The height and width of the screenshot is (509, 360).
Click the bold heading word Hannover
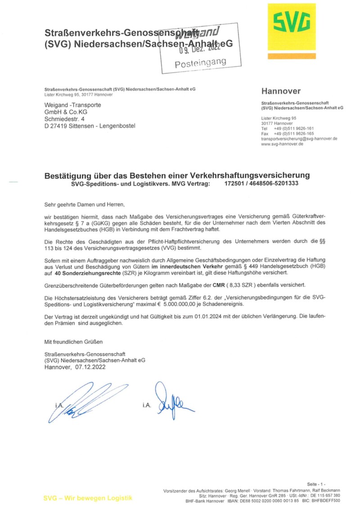tap(281, 91)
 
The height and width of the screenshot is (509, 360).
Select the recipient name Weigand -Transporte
tap(72, 105)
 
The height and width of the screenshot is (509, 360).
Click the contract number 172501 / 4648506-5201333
tap(261, 184)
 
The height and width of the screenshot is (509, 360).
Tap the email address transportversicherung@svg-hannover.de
tap(299, 139)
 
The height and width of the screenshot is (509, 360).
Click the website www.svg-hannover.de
tap(282, 144)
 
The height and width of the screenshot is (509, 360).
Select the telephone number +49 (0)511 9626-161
tap(293, 128)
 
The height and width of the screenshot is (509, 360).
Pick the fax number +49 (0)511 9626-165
tap(293, 134)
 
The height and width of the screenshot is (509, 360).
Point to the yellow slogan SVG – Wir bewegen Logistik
tap(88, 498)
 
